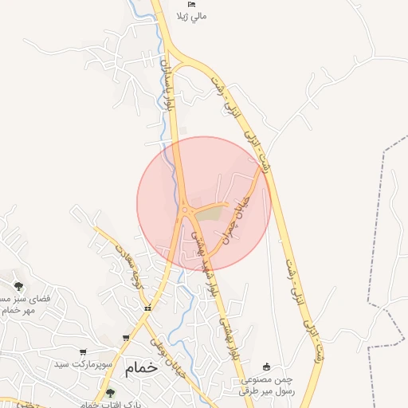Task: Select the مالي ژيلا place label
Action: coord(190,16)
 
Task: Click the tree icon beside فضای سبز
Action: coord(18,286)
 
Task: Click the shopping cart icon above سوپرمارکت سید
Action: coord(82,351)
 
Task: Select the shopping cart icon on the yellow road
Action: coord(126,338)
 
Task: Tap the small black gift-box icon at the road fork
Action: coord(147,308)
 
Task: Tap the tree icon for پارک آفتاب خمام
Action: coord(110,393)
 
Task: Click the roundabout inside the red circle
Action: coord(186,210)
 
